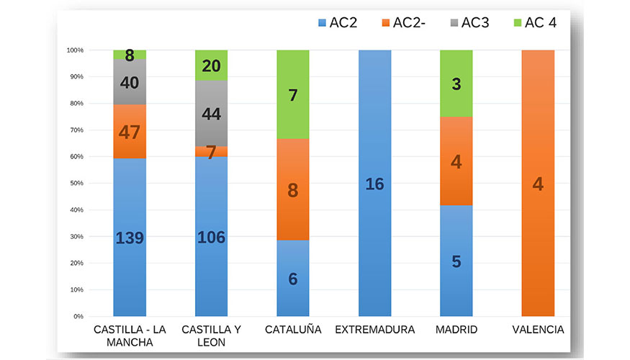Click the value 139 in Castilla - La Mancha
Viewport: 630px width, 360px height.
(x=130, y=238)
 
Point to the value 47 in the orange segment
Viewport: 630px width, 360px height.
(x=130, y=132)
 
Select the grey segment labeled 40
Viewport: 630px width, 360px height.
(x=130, y=83)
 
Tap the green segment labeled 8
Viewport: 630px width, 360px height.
(x=130, y=55)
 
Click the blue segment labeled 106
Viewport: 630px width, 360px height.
(x=212, y=238)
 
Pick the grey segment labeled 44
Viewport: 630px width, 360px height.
(x=212, y=114)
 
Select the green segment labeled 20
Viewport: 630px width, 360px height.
(x=212, y=66)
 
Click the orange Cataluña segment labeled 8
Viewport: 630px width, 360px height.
(x=293, y=190)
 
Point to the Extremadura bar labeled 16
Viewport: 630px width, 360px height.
(x=374, y=184)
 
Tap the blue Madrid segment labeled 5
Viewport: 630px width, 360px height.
(x=456, y=261)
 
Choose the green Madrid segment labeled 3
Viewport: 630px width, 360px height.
(x=456, y=84)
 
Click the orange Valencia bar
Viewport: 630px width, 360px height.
(x=538, y=184)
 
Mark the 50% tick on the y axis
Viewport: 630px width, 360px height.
(x=76, y=184)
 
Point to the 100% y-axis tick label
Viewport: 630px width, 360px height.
(x=75, y=50)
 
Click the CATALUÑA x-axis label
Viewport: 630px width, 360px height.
(x=293, y=330)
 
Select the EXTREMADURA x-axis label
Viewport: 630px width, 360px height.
(x=374, y=330)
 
